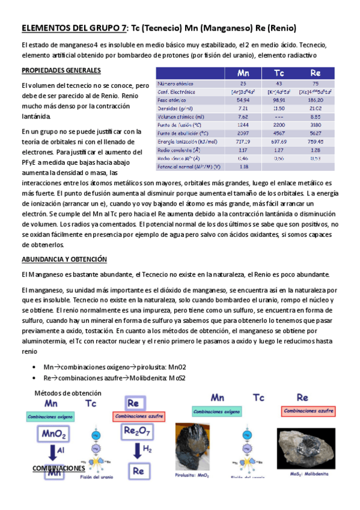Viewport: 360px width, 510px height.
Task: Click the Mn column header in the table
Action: pyautogui.click(x=243, y=73)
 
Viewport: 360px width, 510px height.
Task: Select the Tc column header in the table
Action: pyautogui.click(x=279, y=73)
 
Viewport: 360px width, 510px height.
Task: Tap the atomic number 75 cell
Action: pyautogui.click(x=316, y=83)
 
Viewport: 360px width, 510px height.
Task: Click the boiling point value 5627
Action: pyautogui.click(x=316, y=133)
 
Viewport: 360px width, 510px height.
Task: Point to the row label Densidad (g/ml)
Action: pyautogui.click(x=174, y=108)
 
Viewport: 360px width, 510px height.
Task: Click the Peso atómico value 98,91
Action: pyautogui.click(x=279, y=100)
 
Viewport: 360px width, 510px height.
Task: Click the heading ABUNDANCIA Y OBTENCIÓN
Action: pyautogui.click(x=64, y=259)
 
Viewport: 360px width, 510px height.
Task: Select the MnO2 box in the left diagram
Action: pyautogui.click(x=53, y=434)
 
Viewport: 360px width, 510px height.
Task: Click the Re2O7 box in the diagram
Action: pyautogui.click(x=138, y=431)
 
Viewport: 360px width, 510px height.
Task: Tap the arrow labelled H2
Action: pyautogui.click(x=137, y=451)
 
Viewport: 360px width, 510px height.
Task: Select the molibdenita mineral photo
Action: pyautogui.click(x=306, y=448)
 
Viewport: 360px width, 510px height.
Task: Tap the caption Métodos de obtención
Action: pyautogui.click(x=67, y=393)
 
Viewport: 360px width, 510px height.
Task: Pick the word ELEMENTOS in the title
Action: pyautogui.click(x=47, y=28)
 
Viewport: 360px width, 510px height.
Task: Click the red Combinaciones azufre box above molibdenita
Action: pyautogui.click(x=308, y=411)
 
